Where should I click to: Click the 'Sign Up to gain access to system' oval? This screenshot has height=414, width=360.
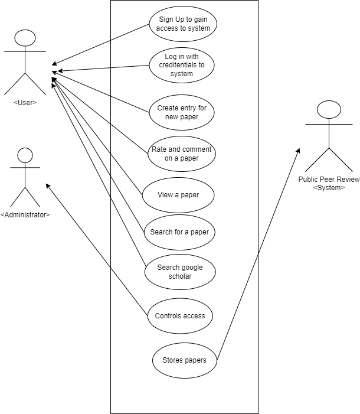pos(183,24)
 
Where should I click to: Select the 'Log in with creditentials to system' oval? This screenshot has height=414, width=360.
pos(182,65)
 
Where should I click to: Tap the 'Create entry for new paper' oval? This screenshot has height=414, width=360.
pos(182,112)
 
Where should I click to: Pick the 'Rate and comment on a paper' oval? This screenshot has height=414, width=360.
pos(182,154)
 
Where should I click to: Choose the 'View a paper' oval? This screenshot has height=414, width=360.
pos(178,195)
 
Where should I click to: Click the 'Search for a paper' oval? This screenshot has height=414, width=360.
pos(179,232)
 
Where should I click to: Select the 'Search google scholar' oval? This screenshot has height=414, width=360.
pos(180,272)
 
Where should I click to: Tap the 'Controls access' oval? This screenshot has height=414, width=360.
pos(180,316)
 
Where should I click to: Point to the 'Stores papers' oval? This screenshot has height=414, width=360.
pos(185,360)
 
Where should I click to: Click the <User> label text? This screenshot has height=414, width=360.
pos(25,102)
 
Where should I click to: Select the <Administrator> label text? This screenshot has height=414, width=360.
pos(25,215)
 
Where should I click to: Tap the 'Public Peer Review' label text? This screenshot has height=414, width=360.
pos(329,180)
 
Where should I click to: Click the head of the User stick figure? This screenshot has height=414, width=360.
pos(25,38)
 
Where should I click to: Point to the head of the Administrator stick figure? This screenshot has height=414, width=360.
pos(25,155)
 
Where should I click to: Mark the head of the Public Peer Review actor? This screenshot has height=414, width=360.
pos(329,109)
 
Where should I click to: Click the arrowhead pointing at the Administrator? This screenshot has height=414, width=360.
pos(47,186)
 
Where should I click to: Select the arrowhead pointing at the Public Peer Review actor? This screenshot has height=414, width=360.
pos(298,151)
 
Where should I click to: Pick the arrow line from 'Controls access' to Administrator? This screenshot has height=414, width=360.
pos(97,249)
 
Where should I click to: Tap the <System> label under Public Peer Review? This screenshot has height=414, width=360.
pos(329,188)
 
